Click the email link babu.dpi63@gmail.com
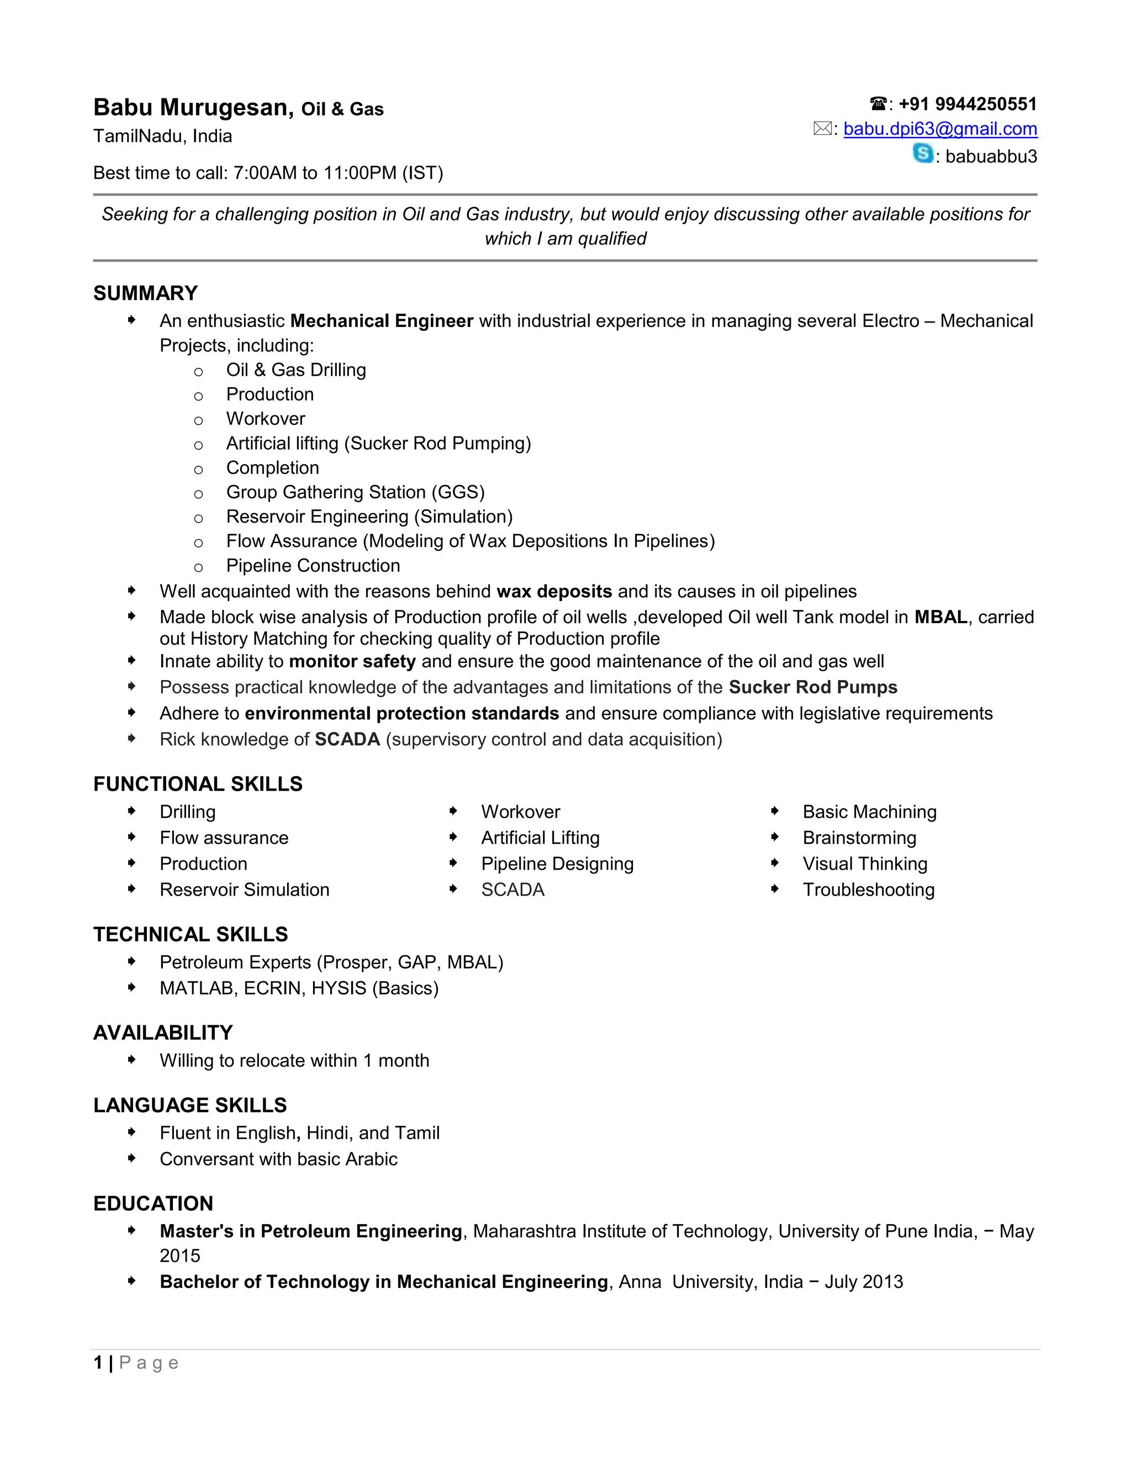coord(939,129)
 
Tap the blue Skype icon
coord(923,154)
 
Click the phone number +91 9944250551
coord(967,104)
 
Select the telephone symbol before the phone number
coord(878,104)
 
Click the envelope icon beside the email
coord(822,129)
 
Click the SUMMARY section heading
coord(145,293)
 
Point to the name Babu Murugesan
coord(193,107)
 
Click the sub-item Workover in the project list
coord(265,419)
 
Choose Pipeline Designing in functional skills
coord(557,864)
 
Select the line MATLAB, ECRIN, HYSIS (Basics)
coord(299,988)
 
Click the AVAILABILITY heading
coord(163,1033)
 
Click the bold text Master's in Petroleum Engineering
coord(311,1231)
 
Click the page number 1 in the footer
coord(98,1363)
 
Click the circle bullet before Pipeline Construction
coord(198,568)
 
